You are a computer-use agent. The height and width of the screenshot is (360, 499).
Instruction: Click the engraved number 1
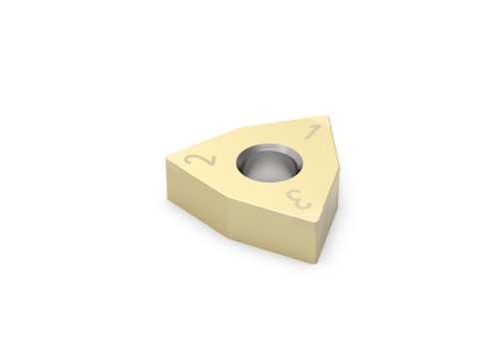click(x=311, y=132)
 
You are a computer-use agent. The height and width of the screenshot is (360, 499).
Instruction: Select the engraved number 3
click(x=303, y=198)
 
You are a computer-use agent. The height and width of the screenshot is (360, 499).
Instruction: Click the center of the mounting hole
click(x=264, y=163)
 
